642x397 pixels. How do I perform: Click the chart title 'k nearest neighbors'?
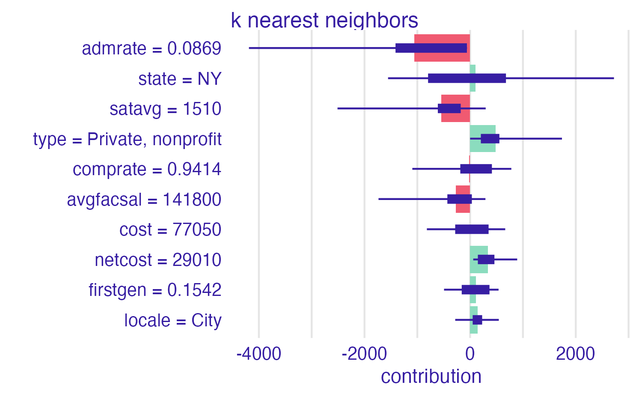point(324,21)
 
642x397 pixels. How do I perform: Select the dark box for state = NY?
point(467,78)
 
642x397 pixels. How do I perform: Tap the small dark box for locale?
point(477,320)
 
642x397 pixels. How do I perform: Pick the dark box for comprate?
point(476,169)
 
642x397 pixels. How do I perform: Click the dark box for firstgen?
point(475,290)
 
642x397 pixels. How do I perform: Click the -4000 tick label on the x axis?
point(259,355)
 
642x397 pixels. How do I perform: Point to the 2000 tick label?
point(575,355)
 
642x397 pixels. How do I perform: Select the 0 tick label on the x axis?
point(470,355)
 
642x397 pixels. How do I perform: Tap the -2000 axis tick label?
point(364,355)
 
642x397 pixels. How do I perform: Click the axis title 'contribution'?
point(431,376)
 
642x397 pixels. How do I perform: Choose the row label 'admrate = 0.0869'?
point(152,49)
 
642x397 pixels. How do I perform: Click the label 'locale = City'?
point(173,320)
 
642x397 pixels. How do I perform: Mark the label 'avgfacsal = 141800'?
point(144,200)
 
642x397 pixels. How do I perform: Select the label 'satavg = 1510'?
point(165,109)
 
